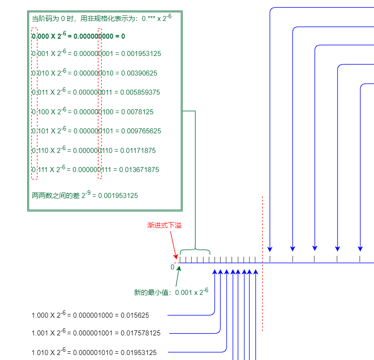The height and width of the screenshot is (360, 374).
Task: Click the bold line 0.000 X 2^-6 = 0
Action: tap(78, 36)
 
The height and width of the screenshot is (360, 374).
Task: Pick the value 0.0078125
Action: tap(137, 112)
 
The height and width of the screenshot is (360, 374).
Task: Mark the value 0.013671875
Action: tap(139, 170)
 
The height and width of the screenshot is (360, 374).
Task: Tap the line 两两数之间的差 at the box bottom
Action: tap(85, 195)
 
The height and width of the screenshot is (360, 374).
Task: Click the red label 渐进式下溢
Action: tap(164, 225)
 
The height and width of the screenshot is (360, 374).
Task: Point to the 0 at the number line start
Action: tap(172, 267)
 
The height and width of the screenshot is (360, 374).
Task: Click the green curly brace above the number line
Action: tap(195, 251)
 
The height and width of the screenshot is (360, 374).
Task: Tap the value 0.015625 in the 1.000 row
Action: tap(135, 315)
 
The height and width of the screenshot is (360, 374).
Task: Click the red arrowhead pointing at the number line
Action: tap(176, 257)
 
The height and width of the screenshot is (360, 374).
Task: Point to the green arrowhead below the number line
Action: tap(179, 268)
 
